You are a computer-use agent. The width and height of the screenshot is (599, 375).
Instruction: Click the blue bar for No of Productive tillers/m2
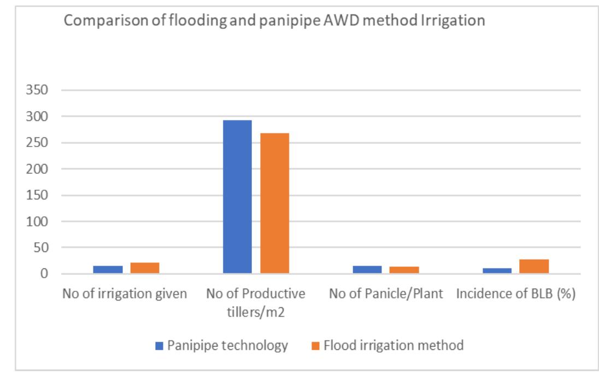click(237, 197)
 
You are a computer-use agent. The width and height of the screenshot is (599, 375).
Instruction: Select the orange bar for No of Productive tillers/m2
click(274, 203)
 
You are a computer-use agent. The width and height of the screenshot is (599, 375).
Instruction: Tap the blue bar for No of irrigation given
click(108, 269)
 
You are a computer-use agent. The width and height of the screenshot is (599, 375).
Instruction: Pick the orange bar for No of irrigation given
click(145, 268)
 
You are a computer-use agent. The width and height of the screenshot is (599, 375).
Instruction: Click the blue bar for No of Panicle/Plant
click(367, 269)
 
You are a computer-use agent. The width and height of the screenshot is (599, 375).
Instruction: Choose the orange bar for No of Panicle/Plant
click(404, 270)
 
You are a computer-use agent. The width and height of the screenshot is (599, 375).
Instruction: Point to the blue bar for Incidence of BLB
click(497, 271)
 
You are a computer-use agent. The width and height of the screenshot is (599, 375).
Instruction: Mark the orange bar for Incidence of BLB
click(534, 266)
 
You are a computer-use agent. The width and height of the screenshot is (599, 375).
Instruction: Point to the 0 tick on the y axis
click(48, 274)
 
